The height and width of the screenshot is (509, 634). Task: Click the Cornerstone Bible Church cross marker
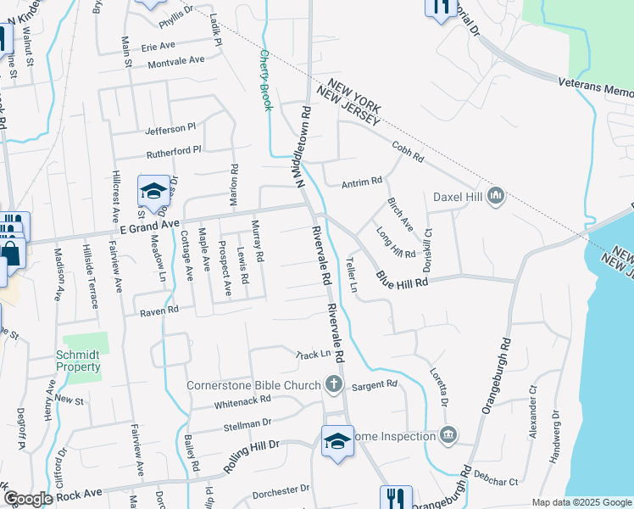[x=334, y=385]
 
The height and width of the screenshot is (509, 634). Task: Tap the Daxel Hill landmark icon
[x=497, y=196]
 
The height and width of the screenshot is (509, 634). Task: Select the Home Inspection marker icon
[x=448, y=436]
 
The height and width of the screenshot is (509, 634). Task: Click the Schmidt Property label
[x=78, y=361]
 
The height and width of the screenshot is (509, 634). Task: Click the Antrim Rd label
[x=362, y=182]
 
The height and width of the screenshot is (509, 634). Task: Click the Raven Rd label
[x=160, y=311]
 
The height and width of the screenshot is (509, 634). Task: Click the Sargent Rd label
[x=374, y=384]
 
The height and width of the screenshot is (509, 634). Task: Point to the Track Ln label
[x=311, y=354]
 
